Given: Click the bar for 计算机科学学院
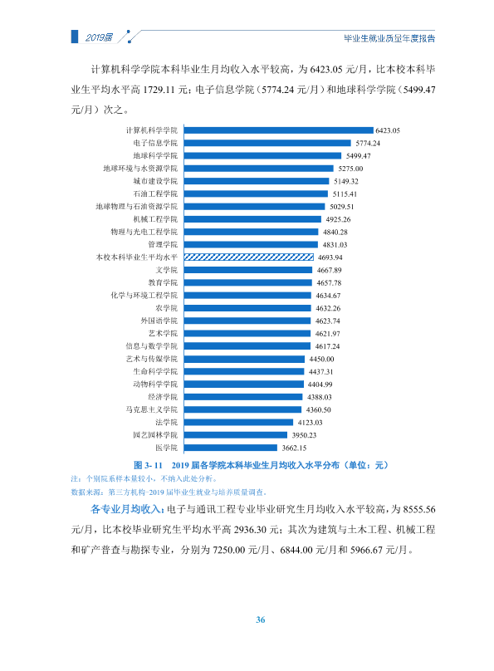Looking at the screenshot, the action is [278, 130].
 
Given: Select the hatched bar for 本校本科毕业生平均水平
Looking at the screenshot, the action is [249, 257].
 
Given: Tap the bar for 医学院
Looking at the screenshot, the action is [231, 448].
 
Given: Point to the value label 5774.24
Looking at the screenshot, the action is [368, 144].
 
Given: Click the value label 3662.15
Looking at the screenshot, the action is [294, 448].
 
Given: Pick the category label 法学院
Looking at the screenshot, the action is [166, 423].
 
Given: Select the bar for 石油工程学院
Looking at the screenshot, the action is [256, 193].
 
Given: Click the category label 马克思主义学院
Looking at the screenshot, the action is [151, 409].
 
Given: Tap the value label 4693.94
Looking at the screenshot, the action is [330, 257].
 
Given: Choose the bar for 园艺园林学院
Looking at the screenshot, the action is [236, 435].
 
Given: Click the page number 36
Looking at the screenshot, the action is [261, 620].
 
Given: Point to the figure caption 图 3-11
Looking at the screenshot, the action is [148, 465].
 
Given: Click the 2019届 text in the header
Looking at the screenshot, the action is [99, 37].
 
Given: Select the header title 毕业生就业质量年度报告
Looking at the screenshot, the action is [389, 38].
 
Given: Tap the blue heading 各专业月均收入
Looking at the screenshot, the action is [125, 509].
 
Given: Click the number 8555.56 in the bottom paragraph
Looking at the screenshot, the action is [419, 510].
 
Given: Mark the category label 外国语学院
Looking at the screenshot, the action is [159, 321].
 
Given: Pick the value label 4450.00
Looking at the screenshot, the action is [321, 359].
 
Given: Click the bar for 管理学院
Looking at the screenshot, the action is [251, 244].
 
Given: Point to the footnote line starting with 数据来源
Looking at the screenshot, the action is [169, 492].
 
